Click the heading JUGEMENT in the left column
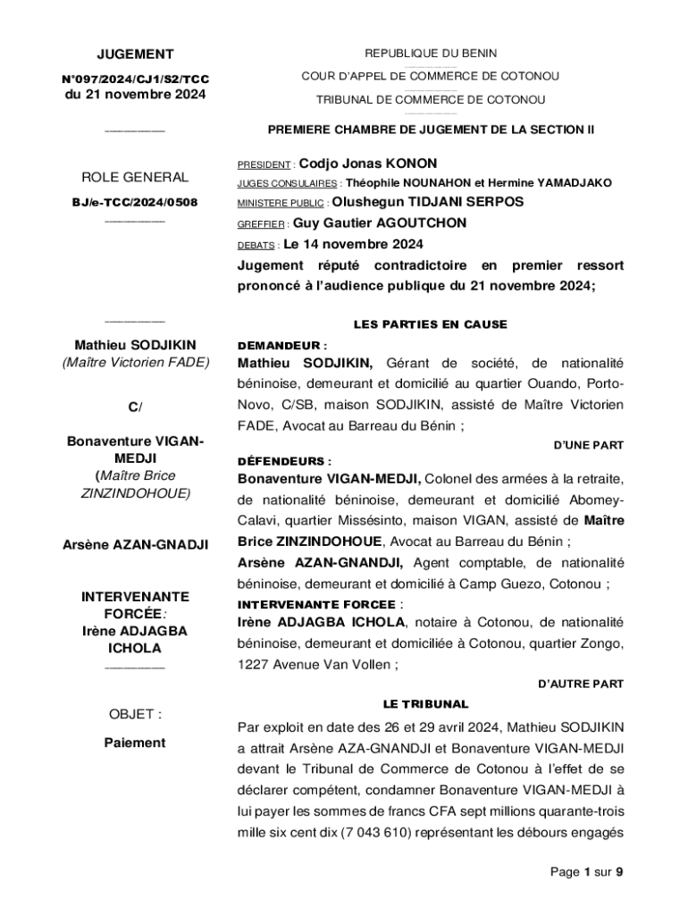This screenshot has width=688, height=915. [135, 54]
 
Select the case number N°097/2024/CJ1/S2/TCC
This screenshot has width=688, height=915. [135, 80]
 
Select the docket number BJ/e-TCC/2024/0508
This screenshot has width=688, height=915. [135, 203]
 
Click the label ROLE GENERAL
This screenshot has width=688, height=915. [135, 177]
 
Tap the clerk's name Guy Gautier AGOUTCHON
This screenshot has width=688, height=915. [380, 223]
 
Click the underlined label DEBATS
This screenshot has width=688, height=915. [256, 245]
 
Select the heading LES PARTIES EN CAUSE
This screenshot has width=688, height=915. [431, 324]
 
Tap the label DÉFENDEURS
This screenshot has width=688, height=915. [284, 462]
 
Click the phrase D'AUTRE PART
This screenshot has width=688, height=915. [580, 684]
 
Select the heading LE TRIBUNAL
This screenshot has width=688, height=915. [425, 704]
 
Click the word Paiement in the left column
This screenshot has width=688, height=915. [134, 743]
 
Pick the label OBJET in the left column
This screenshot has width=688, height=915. [135, 714]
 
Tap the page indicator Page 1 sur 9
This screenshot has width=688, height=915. [586, 872]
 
